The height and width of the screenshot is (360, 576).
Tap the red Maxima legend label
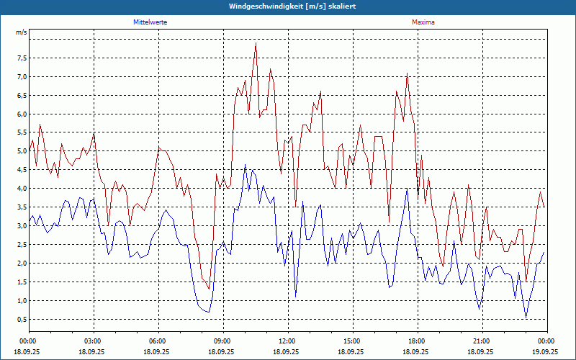423,22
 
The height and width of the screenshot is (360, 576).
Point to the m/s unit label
21,32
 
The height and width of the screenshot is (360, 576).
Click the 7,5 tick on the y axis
22,58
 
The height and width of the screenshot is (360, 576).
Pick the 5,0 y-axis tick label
22,151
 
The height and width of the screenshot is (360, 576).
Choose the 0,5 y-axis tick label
22,320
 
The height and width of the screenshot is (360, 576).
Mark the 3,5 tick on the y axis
22,207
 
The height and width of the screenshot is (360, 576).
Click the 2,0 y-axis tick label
22,264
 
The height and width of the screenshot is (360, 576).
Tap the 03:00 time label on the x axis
93,341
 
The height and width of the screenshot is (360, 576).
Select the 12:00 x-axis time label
287,341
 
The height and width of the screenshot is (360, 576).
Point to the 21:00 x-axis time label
482,341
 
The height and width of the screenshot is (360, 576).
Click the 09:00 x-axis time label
222,341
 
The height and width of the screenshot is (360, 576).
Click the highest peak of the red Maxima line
256,44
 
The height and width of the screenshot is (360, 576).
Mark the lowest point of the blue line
526,318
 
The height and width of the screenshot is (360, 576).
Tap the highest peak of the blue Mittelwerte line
245,165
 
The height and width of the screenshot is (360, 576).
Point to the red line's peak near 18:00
407,73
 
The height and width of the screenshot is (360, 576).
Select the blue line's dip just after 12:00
295,296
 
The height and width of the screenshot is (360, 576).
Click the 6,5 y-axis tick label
22,95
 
